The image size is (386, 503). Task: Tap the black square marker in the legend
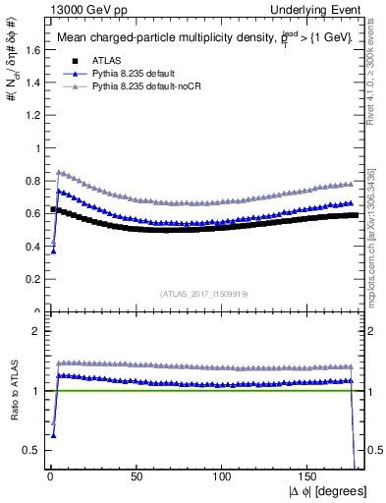click(x=65, y=59)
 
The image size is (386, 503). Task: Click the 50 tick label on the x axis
click(x=136, y=475)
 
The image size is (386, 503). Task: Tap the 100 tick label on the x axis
click(x=222, y=475)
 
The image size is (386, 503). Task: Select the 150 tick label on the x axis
click(x=308, y=475)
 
